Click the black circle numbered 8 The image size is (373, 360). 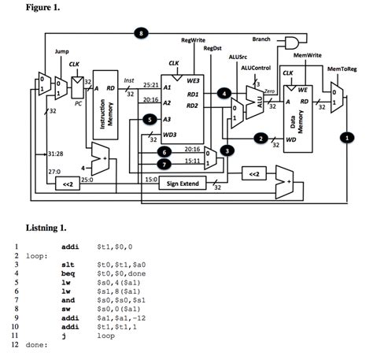tap(142, 33)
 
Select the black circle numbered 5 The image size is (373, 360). tap(151, 119)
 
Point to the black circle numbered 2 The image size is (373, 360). tap(260, 139)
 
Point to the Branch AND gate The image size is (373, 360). tap(292, 41)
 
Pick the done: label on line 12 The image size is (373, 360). tap(36, 345)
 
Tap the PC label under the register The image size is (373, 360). tap(78, 102)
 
